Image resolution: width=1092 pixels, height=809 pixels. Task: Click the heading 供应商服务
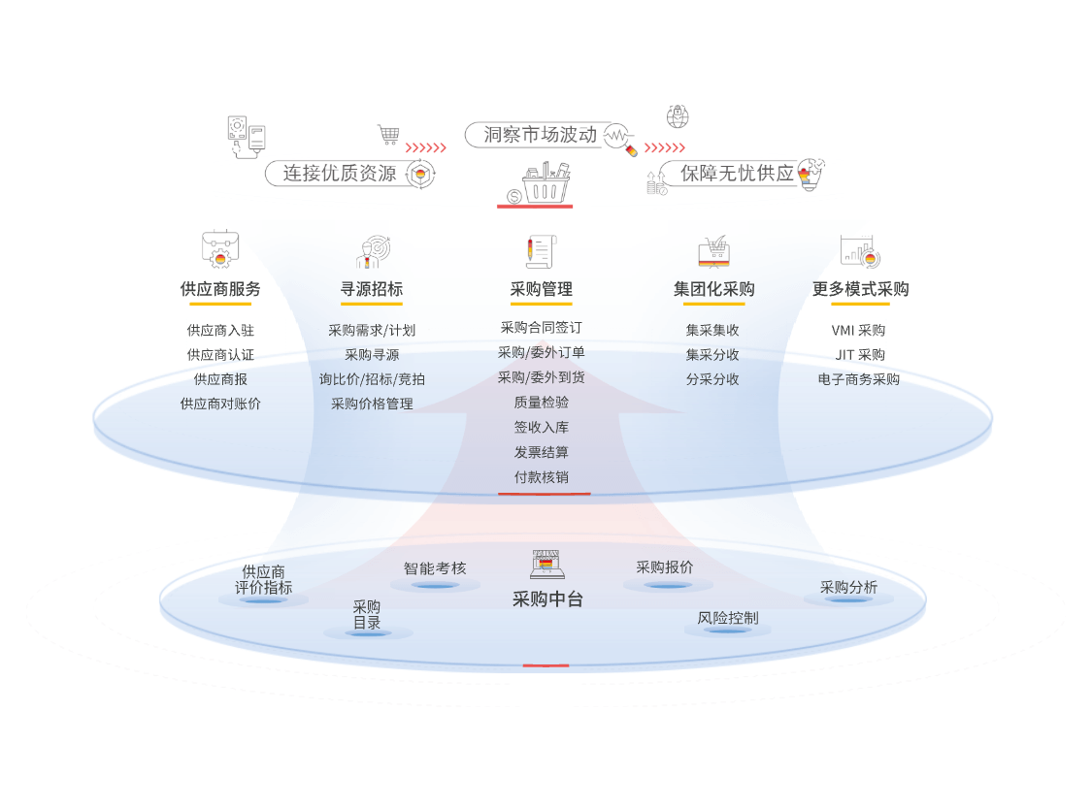pos(220,289)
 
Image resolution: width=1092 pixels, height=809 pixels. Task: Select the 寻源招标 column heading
pos(371,289)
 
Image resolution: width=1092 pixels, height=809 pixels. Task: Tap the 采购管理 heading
pos(541,289)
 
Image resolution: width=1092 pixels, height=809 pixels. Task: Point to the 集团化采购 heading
pos(713,289)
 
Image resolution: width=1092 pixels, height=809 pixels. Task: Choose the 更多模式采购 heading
pos(861,289)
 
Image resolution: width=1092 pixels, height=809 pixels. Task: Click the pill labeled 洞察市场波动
pos(541,135)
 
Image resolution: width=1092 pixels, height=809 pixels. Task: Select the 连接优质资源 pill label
pos(340,174)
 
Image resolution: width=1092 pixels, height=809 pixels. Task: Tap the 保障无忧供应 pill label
pos(738,174)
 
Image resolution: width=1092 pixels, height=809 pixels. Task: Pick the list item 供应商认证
pos(220,355)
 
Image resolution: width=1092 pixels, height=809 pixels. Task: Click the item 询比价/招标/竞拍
pos(372,379)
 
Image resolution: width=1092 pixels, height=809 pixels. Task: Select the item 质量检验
pos(541,403)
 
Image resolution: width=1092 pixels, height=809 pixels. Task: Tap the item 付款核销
pos(541,477)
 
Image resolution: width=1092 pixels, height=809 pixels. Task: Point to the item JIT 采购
pos(860,355)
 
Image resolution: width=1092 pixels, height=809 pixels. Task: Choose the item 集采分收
pos(712,355)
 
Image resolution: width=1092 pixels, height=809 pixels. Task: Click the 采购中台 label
pos(547,599)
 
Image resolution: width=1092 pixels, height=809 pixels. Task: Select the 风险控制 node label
pos(728,618)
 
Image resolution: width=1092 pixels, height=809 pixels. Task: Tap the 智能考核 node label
pos(435,568)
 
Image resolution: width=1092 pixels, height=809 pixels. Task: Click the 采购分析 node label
pos(848,588)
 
